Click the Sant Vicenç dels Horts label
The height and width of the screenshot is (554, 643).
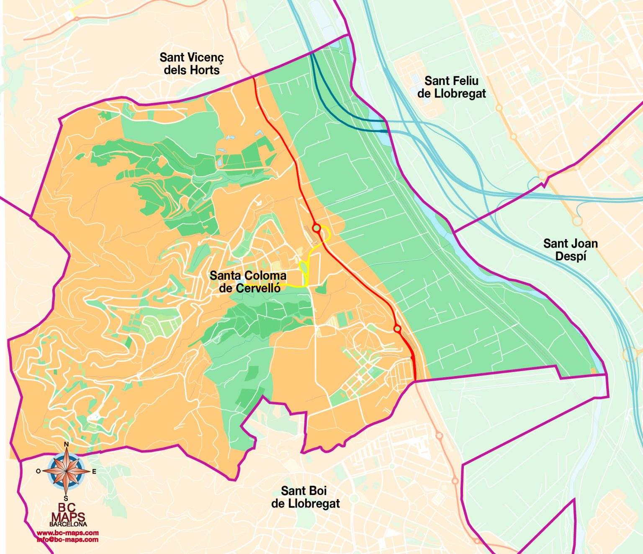tap(192, 64)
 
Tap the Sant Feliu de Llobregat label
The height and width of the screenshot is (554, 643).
tap(451, 87)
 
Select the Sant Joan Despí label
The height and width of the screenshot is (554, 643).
tap(570, 250)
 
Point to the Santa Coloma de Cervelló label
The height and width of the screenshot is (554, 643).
tap(248, 282)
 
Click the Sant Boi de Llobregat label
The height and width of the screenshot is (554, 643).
tap(305, 497)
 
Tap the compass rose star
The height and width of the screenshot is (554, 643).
tap(66, 471)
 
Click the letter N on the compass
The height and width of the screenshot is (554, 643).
tap(66, 445)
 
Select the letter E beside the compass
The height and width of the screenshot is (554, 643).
tap(94, 472)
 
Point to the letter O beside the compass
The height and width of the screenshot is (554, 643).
tap(38, 472)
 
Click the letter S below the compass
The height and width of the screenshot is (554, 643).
tap(66, 498)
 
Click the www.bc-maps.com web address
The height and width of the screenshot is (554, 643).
tap(68, 533)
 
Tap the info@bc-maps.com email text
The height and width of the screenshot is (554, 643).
tap(68, 539)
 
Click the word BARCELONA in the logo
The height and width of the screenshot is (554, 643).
tap(68, 524)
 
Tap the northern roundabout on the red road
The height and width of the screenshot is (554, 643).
tap(317, 228)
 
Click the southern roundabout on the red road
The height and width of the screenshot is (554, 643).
tap(397, 329)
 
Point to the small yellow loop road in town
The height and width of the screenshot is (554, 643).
tap(304, 266)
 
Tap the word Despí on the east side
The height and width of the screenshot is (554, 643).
tap(570, 256)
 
